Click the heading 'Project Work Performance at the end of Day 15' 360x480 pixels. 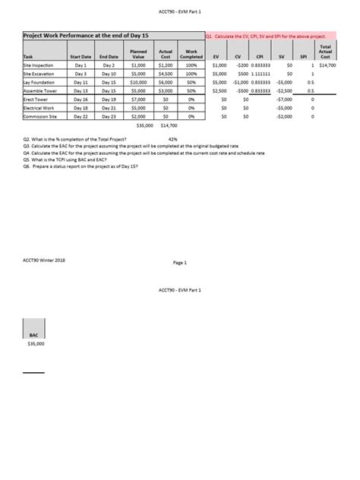(76, 36)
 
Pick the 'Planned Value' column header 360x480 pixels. (138, 54)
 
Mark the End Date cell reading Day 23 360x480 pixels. (109, 115)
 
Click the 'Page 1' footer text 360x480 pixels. (179, 263)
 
